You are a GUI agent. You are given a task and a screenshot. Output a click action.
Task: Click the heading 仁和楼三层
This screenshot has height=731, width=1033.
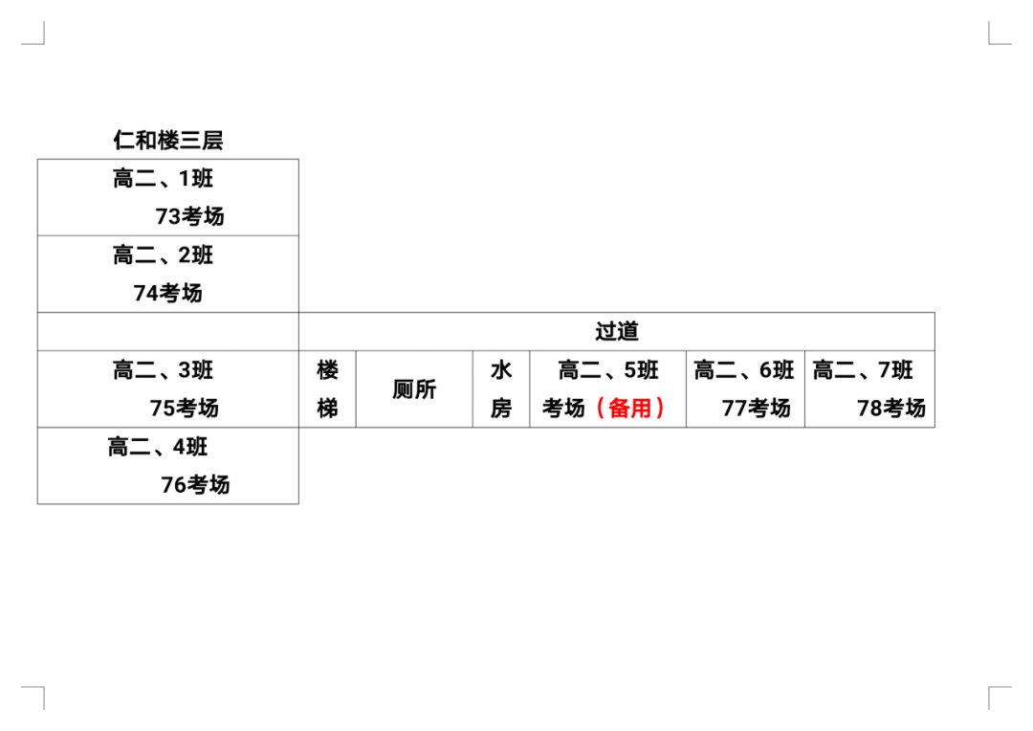pos(167,141)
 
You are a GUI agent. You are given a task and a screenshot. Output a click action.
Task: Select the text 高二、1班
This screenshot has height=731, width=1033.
pos(163,178)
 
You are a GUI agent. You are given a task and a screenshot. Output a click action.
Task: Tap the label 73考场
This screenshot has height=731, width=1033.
pos(189,216)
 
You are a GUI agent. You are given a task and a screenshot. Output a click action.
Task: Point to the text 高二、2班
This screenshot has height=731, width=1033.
pos(163,255)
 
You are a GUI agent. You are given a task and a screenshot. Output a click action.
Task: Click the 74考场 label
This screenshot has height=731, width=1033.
pos(168,293)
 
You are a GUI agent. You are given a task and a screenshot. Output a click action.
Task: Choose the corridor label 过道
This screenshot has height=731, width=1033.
pos(616,331)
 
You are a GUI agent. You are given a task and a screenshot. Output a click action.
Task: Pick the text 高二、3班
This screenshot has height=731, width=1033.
pos(163,369)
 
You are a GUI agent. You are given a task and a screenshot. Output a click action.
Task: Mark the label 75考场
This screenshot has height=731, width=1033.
pos(184,408)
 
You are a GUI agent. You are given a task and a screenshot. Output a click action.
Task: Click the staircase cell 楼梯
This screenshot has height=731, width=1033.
pos(327,388)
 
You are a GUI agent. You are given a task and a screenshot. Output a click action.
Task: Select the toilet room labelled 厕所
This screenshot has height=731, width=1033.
pos(414,389)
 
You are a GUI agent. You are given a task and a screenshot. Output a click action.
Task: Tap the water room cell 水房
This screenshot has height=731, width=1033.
pos(501,388)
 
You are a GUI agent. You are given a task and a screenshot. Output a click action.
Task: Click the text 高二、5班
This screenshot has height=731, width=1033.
pos(608,369)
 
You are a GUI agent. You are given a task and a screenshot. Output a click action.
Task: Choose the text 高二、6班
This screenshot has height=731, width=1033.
pos(744,369)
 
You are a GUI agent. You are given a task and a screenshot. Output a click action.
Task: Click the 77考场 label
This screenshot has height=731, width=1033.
pos(756,408)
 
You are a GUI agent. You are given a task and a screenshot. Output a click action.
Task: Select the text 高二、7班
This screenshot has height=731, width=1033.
pos(863,369)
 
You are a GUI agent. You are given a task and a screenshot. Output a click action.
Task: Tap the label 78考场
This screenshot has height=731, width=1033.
pos(891,408)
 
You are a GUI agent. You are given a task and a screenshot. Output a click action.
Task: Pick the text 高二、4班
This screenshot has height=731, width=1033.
pos(158,447)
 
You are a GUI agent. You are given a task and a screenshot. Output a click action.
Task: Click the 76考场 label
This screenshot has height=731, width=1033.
pos(195,484)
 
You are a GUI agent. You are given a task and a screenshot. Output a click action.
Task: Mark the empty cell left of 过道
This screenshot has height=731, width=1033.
pos(167,331)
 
